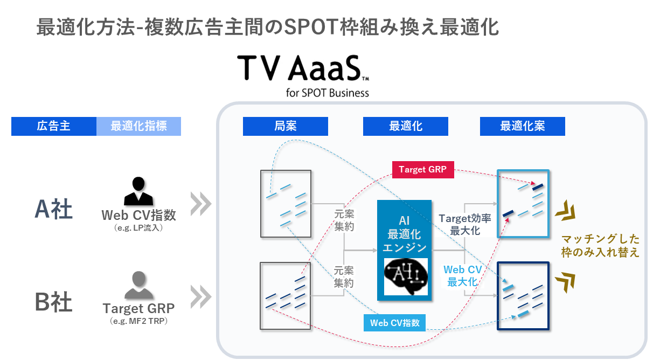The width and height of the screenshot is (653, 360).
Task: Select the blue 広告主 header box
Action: click(x=54, y=127)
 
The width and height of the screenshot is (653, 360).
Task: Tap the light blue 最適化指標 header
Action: click(x=138, y=127)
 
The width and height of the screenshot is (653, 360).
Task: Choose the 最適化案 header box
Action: click(x=522, y=127)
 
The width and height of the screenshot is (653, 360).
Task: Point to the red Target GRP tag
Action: click(x=423, y=170)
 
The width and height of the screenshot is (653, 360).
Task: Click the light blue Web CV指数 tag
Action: click(x=394, y=323)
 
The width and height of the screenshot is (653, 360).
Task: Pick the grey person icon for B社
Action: click(x=138, y=285)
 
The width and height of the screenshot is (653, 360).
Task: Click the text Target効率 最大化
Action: click(x=464, y=224)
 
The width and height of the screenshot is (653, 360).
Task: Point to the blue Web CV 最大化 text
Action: click(x=462, y=275)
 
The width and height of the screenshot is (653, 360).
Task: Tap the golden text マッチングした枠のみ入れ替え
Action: click(x=600, y=245)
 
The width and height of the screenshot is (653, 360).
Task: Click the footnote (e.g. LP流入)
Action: click(x=138, y=228)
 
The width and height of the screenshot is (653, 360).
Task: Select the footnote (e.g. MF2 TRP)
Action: click(x=138, y=322)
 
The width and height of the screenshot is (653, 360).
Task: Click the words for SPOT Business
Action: click(x=328, y=93)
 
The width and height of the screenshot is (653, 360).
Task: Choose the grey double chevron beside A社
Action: click(x=201, y=203)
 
